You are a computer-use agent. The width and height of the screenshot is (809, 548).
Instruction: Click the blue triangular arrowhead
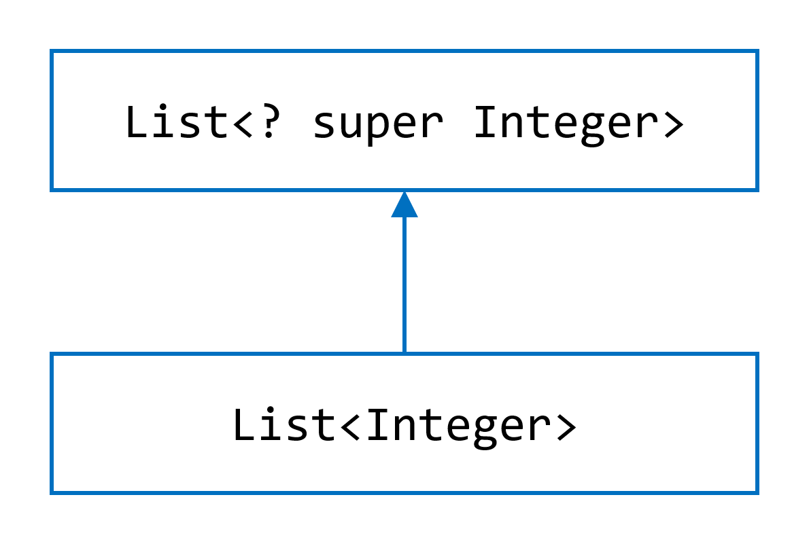pos(404,205)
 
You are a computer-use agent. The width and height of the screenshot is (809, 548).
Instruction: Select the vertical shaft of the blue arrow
pos(404,285)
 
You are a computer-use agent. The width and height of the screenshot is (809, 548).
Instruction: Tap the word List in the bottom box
pos(283,425)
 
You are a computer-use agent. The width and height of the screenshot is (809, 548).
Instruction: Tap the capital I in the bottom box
pos(377,425)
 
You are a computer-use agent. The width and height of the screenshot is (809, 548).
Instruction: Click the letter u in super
pos(351,125)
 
